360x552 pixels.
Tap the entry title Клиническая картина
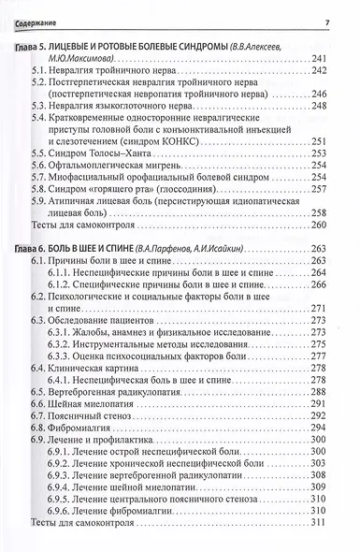(x=106, y=368)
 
